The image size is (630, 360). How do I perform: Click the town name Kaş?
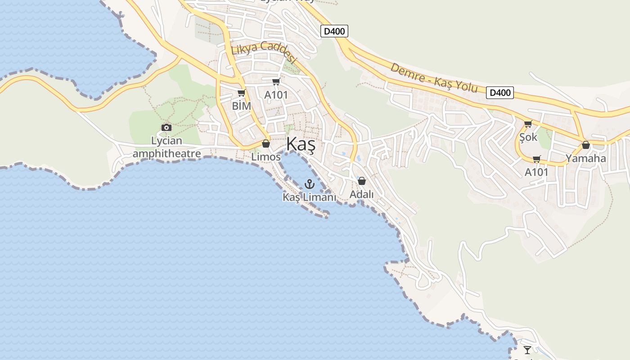coord(301,144)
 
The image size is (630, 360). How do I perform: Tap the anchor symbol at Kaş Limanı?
coord(309,184)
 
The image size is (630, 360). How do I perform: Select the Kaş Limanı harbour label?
coord(309,197)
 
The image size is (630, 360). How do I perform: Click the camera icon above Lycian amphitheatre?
coord(166,127)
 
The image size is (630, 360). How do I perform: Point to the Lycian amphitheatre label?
coord(166,147)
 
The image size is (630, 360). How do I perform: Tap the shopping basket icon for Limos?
coord(266,144)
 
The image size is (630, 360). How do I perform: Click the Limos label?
coord(266,157)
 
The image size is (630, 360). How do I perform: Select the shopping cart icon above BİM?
coord(242,93)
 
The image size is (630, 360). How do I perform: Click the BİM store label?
coord(242,106)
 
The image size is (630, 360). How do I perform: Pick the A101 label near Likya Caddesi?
coord(276,95)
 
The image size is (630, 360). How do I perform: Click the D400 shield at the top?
coord(334,31)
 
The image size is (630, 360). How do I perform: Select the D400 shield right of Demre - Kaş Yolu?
coord(500,93)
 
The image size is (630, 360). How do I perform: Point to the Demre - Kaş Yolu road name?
coord(434,77)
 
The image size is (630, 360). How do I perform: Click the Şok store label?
coord(528,137)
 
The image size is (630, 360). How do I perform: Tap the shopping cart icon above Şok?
coord(528,124)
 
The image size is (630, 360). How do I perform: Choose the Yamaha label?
coord(585,158)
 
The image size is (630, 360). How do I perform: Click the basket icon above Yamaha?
coord(585,145)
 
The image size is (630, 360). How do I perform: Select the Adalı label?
coord(362,195)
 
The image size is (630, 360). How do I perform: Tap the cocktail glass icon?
coord(527,350)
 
